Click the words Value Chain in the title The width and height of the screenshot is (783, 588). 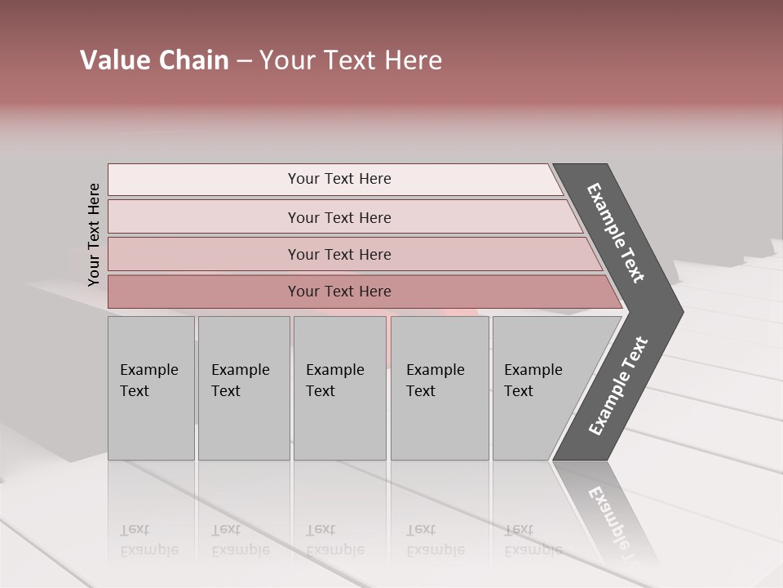[x=154, y=60]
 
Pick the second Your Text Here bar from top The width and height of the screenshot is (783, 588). [x=339, y=217]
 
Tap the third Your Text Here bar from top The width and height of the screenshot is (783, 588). [x=339, y=254]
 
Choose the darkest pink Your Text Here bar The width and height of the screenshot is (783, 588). [x=339, y=292]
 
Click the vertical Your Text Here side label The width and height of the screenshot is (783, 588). [x=94, y=234]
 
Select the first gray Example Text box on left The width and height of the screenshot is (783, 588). [x=151, y=388]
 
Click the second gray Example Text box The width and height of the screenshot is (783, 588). [x=243, y=388]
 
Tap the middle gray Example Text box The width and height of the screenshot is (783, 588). [x=339, y=388]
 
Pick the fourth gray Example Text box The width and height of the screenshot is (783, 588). [x=439, y=388]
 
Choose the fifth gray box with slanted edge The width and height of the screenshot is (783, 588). [x=538, y=388]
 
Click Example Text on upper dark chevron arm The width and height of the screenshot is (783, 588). [x=617, y=233]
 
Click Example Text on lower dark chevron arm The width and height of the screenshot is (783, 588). [x=618, y=385]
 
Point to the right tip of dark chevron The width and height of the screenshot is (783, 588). [x=681, y=311]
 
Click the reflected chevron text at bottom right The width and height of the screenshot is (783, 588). [x=613, y=523]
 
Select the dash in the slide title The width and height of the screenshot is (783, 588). [x=244, y=61]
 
